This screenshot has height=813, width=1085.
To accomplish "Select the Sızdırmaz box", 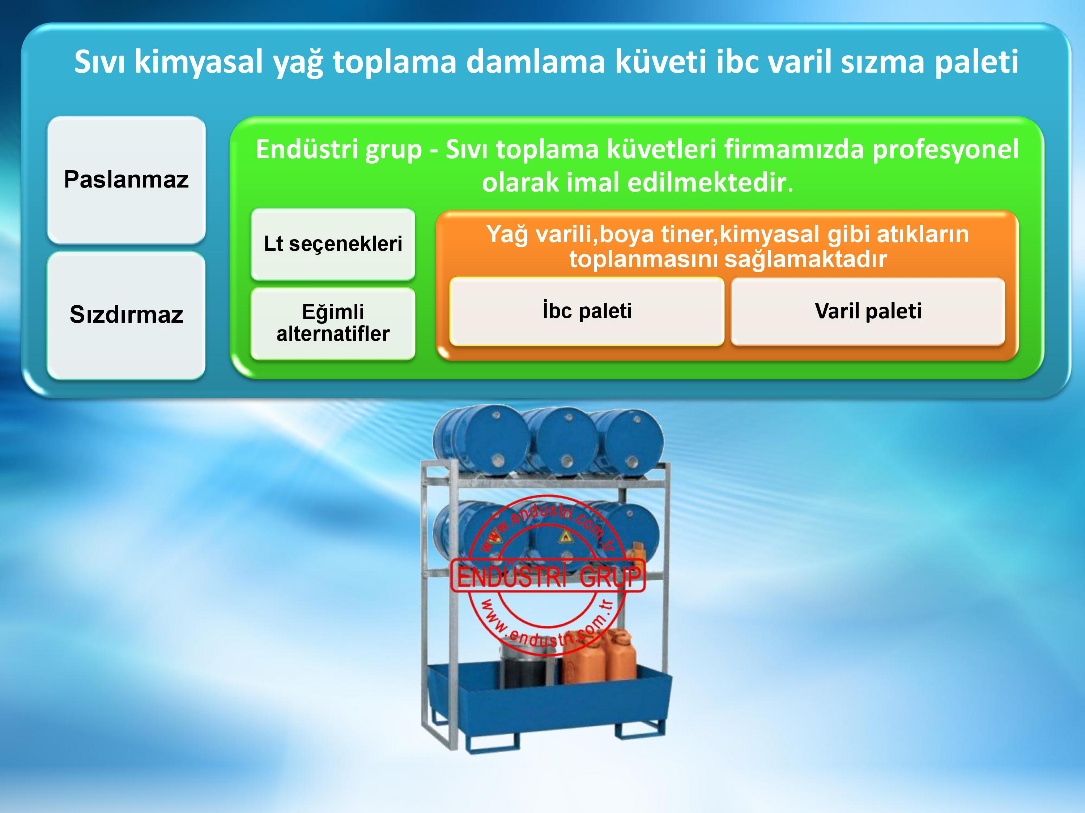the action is point(126,315).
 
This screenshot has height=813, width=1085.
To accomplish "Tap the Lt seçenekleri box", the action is point(333,244).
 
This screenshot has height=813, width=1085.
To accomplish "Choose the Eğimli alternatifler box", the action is point(333,323).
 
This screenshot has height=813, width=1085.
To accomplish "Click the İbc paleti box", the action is point(587,311).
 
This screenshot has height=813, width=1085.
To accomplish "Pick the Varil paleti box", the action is point(868,311).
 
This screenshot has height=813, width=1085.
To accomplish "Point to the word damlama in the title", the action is point(535,62).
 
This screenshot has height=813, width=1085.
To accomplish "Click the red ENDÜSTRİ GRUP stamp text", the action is point(548,576).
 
